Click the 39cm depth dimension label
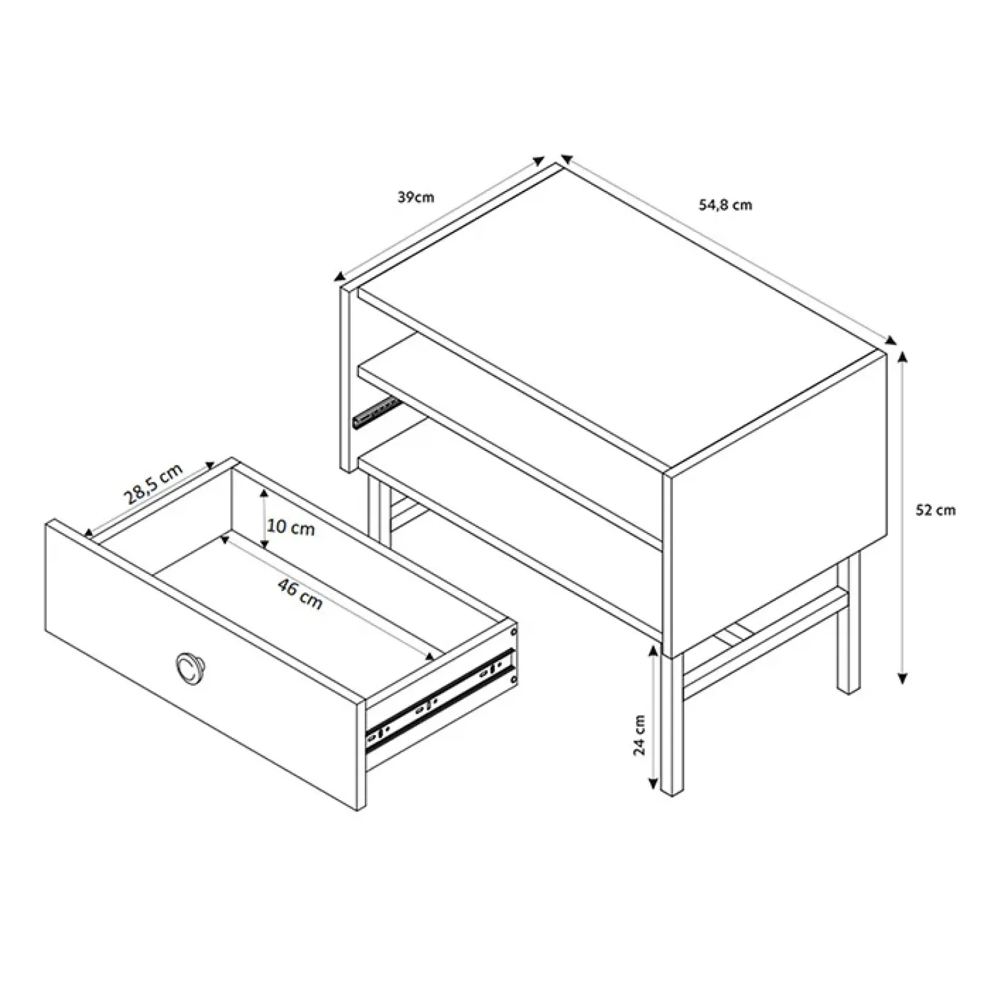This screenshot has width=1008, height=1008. [x=416, y=197]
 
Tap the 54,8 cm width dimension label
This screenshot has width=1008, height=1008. [x=725, y=205]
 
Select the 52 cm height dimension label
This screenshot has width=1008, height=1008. [x=936, y=510]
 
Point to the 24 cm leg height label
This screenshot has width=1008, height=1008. [x=639, y=735]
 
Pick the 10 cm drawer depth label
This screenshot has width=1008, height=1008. [x=290, y=527]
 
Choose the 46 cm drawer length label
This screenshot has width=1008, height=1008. [x=301, y=594]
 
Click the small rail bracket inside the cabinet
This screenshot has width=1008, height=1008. [x=377, y=411]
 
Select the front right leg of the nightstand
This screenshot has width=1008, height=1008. [x=672, y=724]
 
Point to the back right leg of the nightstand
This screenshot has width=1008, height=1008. [x=849, y=624]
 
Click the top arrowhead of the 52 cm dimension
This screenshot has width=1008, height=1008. [x=903, y=358]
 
